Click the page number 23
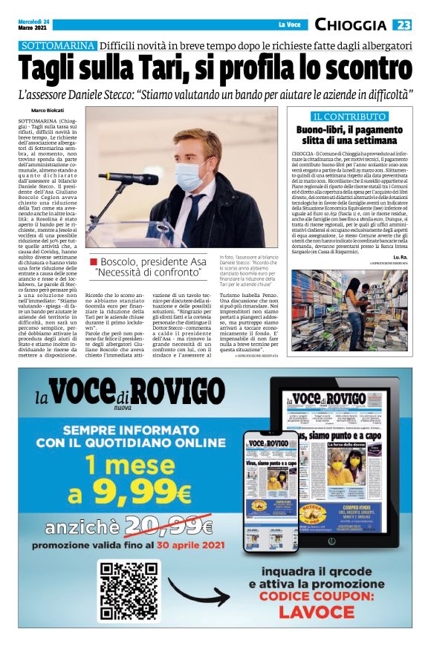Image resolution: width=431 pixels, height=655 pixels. coord(403,25)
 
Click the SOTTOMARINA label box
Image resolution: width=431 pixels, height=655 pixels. coord(59,46)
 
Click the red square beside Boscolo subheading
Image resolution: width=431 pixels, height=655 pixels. coord(93,262)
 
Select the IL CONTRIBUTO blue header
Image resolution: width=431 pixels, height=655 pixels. coord(349,117)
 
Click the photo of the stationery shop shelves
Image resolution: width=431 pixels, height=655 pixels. coord(349,310)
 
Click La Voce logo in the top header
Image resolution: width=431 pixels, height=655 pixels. coord(290,25)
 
